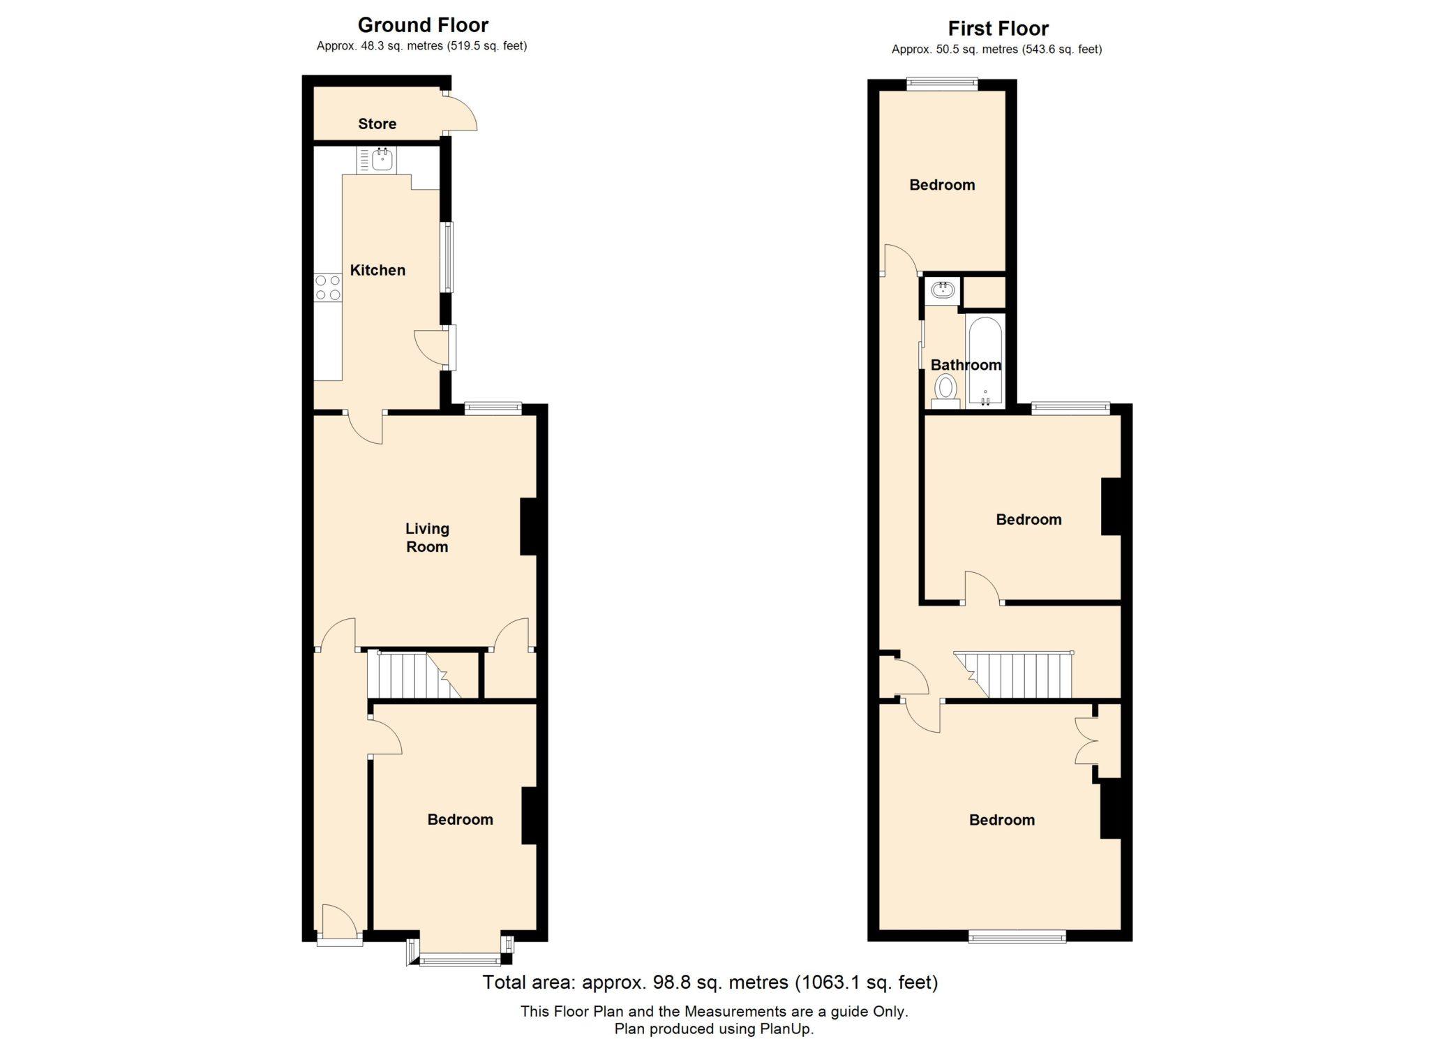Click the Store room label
377,124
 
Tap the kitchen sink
382,160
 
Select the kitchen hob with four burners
328,287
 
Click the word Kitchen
377,270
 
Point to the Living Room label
427,537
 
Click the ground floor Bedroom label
460,819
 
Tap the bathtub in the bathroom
985,361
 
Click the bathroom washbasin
943,290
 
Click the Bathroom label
966,364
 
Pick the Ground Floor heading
423,25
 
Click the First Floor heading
998,29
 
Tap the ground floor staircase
414,674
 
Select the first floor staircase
1013,674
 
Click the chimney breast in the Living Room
528,527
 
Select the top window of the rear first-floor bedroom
942,84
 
